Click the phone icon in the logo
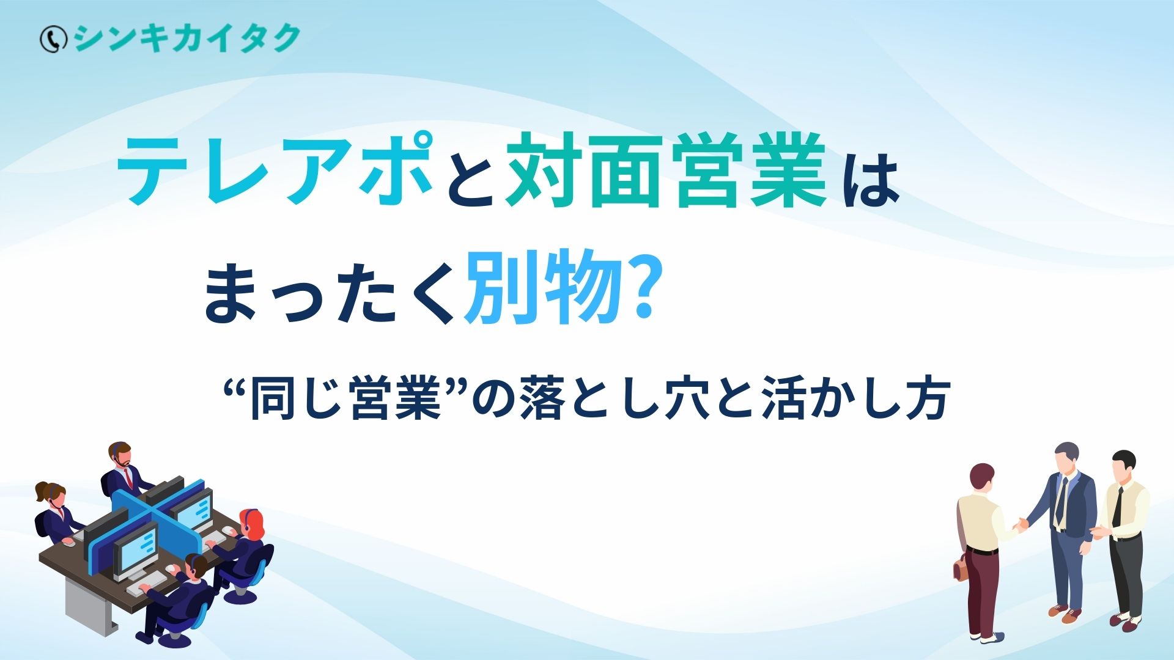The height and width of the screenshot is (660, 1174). [x=53, y=40]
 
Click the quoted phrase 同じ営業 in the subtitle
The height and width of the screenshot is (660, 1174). [x=346, y=400]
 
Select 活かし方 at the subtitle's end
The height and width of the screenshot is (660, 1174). [x=857, y=400]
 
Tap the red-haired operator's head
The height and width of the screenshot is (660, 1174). [x=252, y=523]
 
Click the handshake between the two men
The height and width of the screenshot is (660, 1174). [x=1020, y=524]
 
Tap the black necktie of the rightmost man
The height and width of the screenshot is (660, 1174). [x=1117, y=507]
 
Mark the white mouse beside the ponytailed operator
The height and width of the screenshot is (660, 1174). [x=68, y=542]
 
